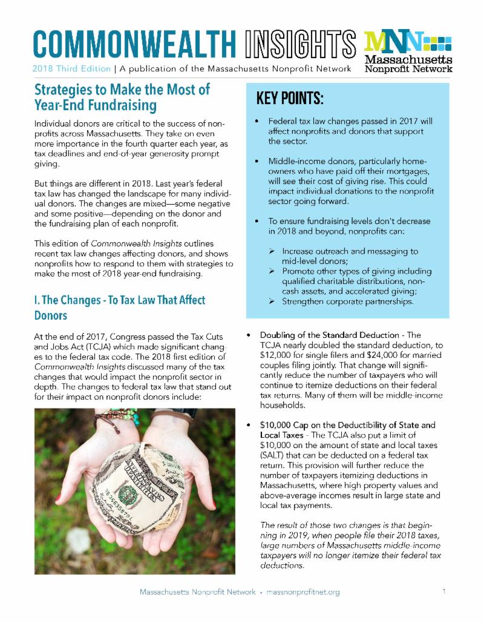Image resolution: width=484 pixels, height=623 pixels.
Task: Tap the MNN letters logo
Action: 392,42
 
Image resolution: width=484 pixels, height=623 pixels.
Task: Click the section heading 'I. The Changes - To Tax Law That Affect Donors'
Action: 119,308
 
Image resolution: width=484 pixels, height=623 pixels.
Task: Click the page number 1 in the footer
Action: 444,592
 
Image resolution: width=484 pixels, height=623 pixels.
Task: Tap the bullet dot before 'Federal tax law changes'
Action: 258,122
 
